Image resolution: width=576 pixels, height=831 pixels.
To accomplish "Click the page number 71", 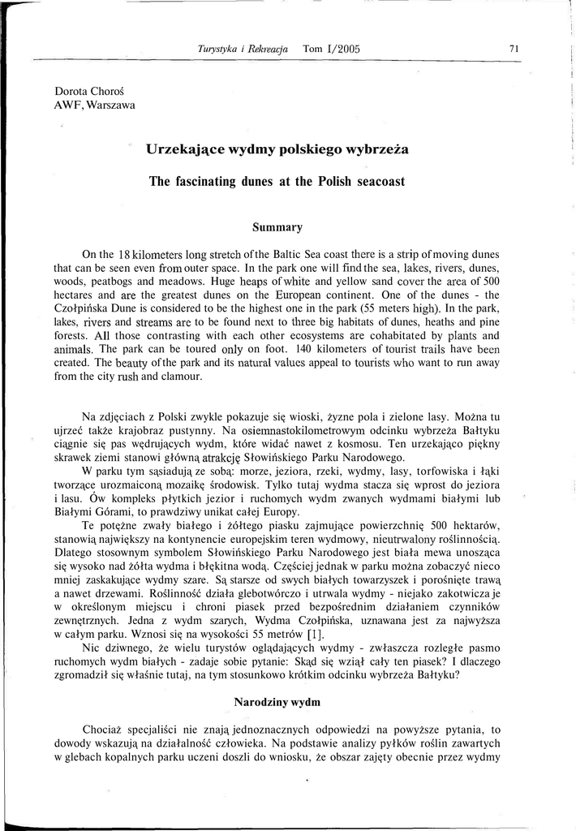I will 514,48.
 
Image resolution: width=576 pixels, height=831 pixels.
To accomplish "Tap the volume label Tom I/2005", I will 331,49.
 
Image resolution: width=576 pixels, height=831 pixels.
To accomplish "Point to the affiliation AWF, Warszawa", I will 94,104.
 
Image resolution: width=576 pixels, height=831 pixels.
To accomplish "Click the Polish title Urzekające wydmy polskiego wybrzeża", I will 277,149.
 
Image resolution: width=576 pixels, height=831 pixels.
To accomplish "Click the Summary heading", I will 277,227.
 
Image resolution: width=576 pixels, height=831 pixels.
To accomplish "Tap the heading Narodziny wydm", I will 277,700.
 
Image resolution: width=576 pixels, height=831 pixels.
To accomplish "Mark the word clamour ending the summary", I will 182,377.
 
